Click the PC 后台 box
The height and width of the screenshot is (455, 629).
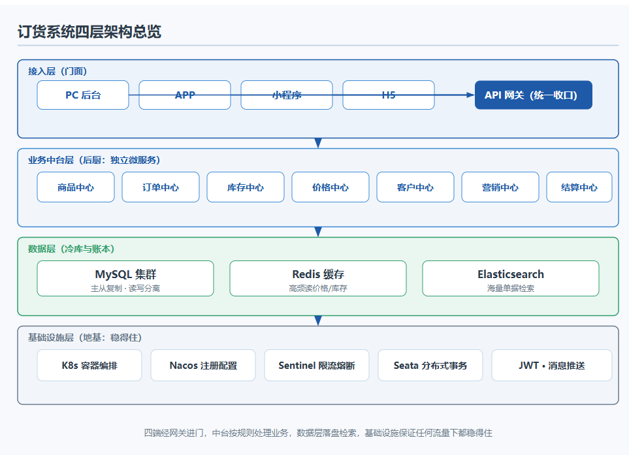click(83, 95)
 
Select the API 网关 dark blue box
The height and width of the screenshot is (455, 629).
click(534, 95)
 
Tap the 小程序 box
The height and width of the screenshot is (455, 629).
click(287, 95)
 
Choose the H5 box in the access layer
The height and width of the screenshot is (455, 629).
click(389, 95)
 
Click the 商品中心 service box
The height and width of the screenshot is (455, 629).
click(76, 187)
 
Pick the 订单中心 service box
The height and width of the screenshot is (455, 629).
click(161, 187)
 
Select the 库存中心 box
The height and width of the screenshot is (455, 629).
click(246, 187)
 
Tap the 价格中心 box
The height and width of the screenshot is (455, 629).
click(331, 187)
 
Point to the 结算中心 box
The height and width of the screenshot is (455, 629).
click(579, 187)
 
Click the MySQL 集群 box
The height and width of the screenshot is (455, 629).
click(125, 279)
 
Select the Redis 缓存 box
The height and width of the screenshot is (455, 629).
click(318, 279)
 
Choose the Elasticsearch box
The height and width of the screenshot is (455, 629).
click(511, 279)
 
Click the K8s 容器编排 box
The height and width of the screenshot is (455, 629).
click(89, 365)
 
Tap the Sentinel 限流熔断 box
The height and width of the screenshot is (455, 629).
click(317, 365)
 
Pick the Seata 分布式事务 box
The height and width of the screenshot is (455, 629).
click(430, 365)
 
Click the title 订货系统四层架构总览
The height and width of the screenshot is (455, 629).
click(89, 32)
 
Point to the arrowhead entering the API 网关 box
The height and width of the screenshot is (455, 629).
click(470, 95)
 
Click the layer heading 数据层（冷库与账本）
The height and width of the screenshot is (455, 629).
click(71, 249)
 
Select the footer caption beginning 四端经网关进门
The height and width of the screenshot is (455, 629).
click(318, 433)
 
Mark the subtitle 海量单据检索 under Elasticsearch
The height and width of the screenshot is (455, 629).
click(511, 289)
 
